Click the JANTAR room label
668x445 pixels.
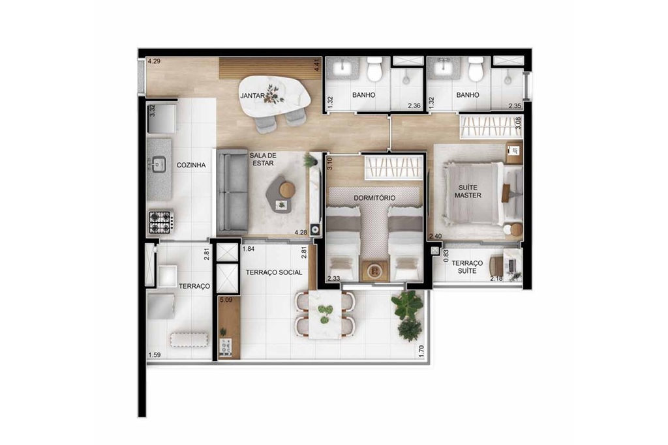tap(252, 96)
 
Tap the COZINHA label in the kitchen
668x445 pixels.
tap(191, 165)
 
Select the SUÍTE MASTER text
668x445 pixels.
tap(468, 192)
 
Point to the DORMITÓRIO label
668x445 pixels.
tap(374, 198)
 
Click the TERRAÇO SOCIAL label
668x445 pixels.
tap(274, 272)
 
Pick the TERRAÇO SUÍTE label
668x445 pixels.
tap(467, 266)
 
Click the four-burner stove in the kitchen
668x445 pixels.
tap(160, 222)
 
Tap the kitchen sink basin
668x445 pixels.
tap(159, 164)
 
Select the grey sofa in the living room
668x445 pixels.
tap(232, 192)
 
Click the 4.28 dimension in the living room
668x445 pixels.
tap(301, 233)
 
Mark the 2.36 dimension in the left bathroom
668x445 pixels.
tap(414, 106)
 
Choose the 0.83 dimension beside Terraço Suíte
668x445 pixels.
tap(446, 256)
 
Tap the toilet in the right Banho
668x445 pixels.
tap(476, 68)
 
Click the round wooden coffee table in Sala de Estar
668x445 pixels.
tap(288, 190)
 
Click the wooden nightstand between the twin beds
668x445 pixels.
tap(374, 270)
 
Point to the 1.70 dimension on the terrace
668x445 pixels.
tap(421, 351)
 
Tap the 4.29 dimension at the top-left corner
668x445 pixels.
tap(154, 61)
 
